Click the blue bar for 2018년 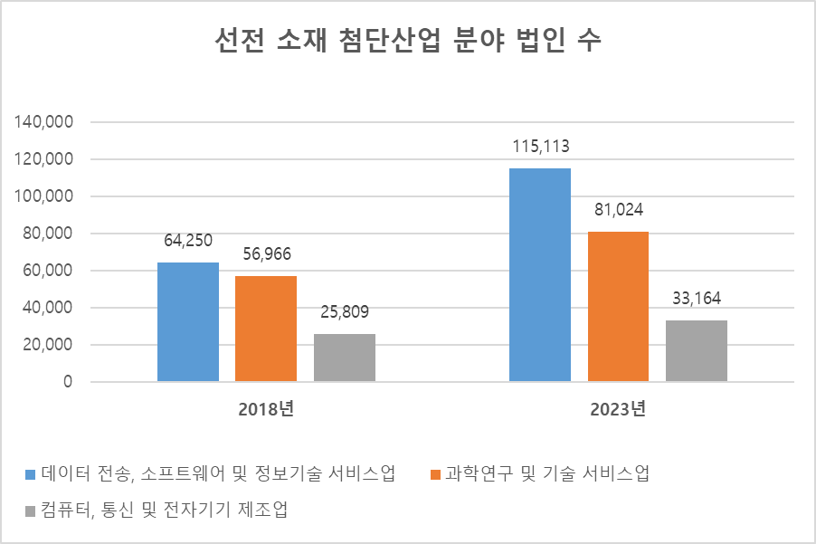click(x=188, y=322)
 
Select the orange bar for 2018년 click(x=266, y=329)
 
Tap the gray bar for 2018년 click(x=345, y=358)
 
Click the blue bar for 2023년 click(x=540, y=275)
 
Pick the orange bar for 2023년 click(x=618, y=307)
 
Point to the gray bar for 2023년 click(x=697, y=351)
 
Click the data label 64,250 click(x=188, y=242)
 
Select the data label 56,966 click(x=266, y=255)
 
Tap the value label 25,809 click(x=345, y=313)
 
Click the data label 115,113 click(x=540, y=148)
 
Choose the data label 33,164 click(x=697, y=300)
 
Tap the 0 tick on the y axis click(x=68, y=382)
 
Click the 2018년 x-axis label click(x=266, y=409)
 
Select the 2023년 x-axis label click(x=618, y=409)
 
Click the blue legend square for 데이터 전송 click(x=30, y=473)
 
